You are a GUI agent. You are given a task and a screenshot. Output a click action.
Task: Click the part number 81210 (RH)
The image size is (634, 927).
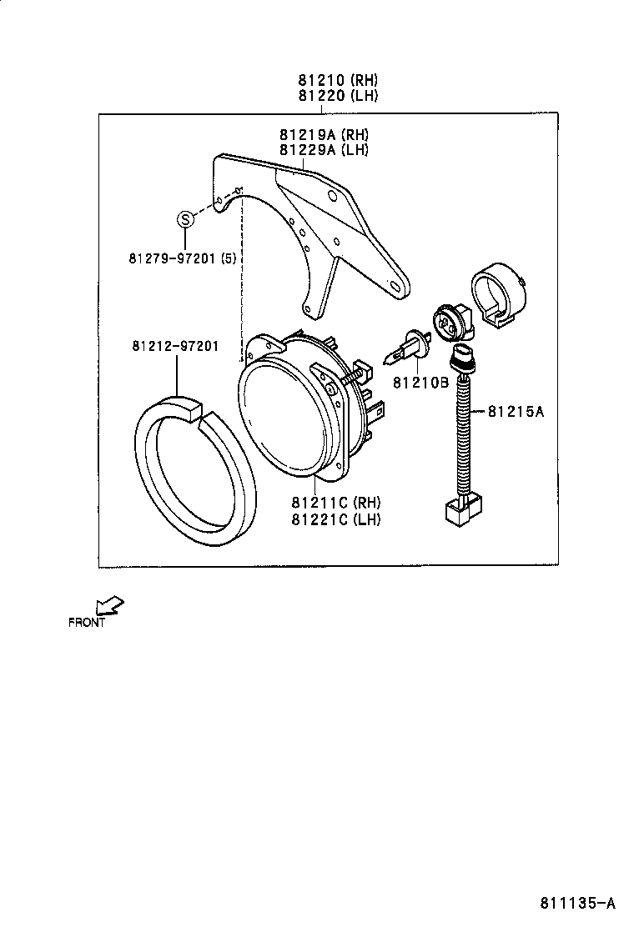pos(338,81)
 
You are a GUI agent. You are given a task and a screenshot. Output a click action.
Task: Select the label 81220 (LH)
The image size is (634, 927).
pos(338,96)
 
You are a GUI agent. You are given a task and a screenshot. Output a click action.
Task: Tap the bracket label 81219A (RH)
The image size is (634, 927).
pos(324,135)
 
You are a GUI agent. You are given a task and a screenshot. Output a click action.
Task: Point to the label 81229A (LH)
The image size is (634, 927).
pos(324,150)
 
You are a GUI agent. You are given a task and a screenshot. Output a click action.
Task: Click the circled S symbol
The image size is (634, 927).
pos(185,219)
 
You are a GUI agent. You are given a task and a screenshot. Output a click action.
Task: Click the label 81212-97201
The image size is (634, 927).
pos(174,346)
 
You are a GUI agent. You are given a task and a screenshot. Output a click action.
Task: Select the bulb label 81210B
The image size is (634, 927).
pos(421,382)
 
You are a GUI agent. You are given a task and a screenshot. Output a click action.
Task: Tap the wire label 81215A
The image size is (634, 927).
pos(516,411)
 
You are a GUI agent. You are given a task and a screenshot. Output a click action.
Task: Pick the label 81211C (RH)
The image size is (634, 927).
pos(335,503)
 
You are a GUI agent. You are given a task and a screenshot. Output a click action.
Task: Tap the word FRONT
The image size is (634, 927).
pos(87,622)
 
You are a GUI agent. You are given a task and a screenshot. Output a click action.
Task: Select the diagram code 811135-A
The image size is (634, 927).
pos(576,902)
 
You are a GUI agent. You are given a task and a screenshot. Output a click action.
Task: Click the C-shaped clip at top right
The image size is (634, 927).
pos(498,296)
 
